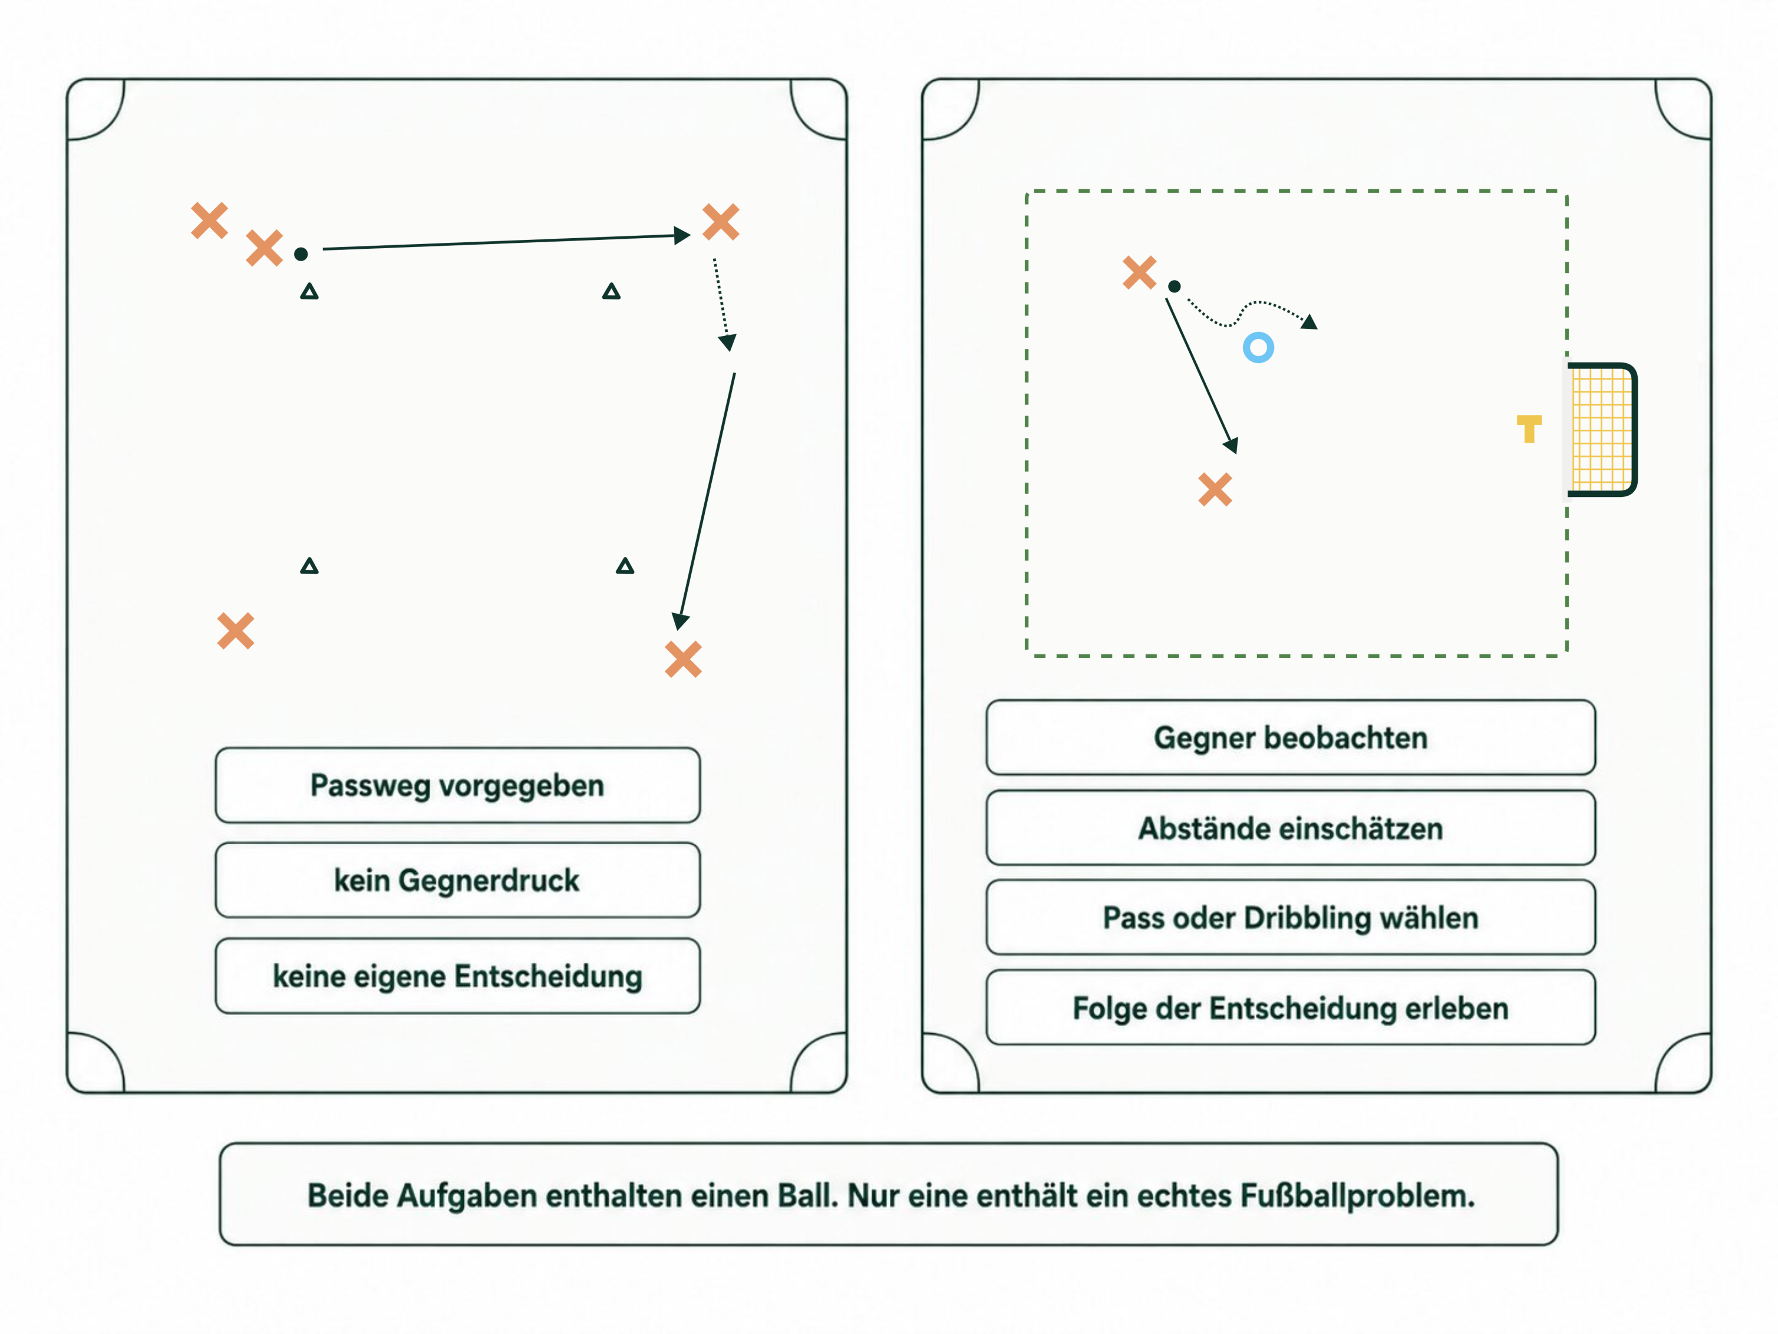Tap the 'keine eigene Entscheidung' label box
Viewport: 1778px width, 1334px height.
pyautogui.click(x=457, y=976)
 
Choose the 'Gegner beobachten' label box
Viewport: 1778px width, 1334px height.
pyautogui.click(x=1290, y=737)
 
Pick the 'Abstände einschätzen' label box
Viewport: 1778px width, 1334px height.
pyautogui.click(x=1290, y=828)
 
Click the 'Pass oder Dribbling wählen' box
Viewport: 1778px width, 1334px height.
pyautogui.click(x=1290, y=917)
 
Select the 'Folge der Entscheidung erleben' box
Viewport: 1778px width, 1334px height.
pyautogui.click(x=1290, y=1007)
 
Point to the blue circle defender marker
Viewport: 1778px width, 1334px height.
pyautogui.click(x=1258, y=347)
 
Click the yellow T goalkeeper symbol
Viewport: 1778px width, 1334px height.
pyautogui.click(x=1529, y=429)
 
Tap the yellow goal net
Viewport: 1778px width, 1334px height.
pyautogui.click(x=1602, y=429)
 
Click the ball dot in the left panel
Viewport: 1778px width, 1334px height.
pyautogui.click(x=301, y=254)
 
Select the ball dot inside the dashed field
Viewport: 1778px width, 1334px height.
pyautogui.click(x=1175, y=286)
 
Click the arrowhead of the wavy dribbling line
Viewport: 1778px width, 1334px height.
pyautogui.click(x=1309, y=322)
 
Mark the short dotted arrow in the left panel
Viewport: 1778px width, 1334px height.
pyautogui.click(x=722, y=305)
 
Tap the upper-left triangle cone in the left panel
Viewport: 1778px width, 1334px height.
pyautogui.click(x=309, y=291)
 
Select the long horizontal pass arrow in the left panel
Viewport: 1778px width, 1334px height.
pyautogui.click(x=506, y=242)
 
